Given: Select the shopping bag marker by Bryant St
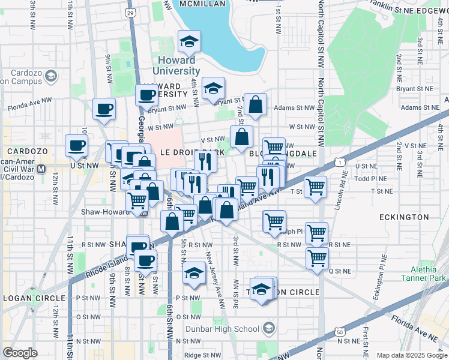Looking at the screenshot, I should click(256, 104).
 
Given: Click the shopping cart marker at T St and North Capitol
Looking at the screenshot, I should click(315, 187).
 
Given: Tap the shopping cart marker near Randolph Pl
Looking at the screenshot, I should click(274, 221).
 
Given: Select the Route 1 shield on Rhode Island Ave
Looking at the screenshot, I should click(340, 161).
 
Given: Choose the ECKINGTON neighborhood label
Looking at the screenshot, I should click(403, 217).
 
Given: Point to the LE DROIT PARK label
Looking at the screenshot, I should click(184, 152).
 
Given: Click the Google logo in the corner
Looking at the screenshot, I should click(20, 353).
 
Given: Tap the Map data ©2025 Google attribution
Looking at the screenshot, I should click(411, 355).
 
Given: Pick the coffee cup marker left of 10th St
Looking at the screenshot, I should click(77, 146).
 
